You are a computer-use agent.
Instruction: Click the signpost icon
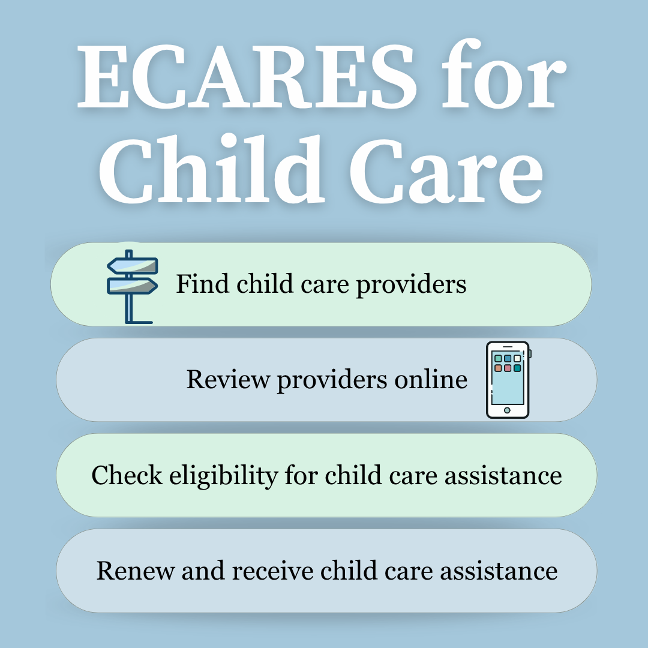[131, 287]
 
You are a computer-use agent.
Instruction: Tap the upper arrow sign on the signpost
[132, 266]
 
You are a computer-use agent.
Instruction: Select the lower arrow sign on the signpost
[132, 285]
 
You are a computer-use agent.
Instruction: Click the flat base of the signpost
[139, 322]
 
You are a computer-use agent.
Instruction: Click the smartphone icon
[508, 379]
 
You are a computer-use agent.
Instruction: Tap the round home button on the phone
[507, 410]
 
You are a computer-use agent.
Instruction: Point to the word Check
[127, 475]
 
